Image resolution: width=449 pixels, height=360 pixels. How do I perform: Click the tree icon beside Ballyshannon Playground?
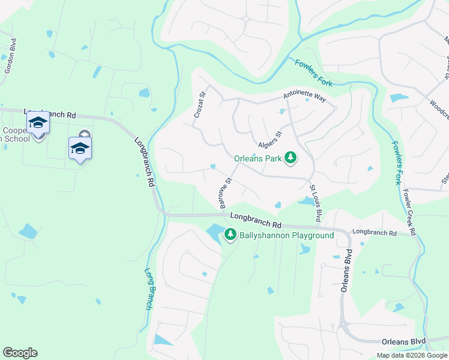tap(231, 235)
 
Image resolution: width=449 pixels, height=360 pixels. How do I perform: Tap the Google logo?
tap(20, 353)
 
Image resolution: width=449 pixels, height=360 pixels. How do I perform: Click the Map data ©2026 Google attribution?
tap(411, 355)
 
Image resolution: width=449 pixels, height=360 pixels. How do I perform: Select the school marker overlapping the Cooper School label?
tap(38, 122)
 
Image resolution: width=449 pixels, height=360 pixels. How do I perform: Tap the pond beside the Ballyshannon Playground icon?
tap(214, 232)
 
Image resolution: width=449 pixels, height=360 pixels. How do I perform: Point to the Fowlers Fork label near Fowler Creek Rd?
tap(396, 161)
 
